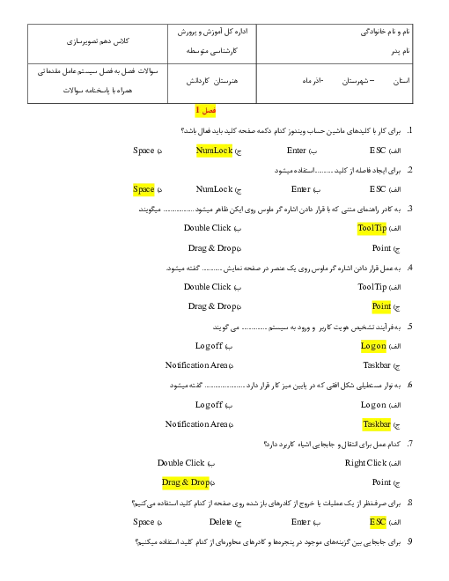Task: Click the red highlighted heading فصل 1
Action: (205, 110)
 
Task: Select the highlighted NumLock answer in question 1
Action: (214, 151)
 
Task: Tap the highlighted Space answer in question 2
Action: (144, 190)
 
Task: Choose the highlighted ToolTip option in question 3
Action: (372, 228)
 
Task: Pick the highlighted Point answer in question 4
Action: (381, 306)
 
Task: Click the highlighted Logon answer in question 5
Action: (373, 346)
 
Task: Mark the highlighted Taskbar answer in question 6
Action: (377, 424)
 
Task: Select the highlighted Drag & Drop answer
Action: (186, 482)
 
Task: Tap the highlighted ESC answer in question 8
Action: (378, 522)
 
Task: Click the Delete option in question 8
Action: (220, 522)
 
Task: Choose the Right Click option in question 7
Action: (365, 463)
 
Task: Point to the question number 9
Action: (409, 541)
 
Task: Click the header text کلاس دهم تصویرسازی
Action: (98, 41)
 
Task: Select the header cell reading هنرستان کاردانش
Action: (212, 81)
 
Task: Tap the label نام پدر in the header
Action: (401, 51)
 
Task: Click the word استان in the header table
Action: (401, 81)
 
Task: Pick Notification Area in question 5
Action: (196, 365)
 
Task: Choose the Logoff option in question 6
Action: (209, 405)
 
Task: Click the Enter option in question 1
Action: (297, 151)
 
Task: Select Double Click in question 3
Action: (208, 228)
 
